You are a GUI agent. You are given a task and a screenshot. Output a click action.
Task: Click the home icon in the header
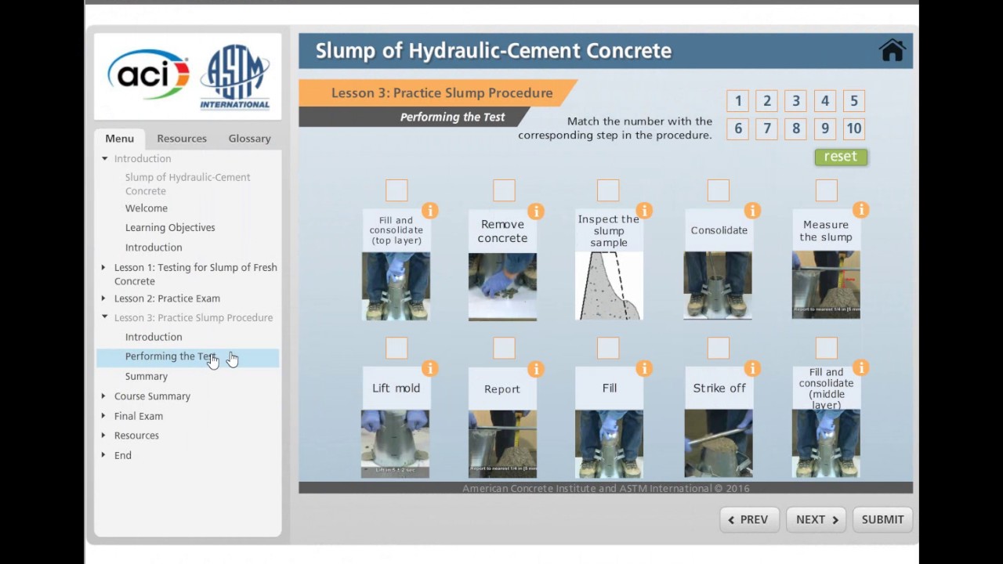pos(892,50)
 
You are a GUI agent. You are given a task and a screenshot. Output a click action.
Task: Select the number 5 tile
pos(853,101)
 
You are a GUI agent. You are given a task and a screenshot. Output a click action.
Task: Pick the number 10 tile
pos(853,128)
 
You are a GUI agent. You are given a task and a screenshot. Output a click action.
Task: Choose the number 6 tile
pos(737,128)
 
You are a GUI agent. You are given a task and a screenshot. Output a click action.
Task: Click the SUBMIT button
pos(882,519)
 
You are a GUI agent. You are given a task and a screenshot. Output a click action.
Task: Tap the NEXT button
pos(817,519)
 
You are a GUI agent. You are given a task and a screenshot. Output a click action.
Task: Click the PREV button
pos(748,519)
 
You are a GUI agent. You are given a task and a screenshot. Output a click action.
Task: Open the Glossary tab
pos(249,139)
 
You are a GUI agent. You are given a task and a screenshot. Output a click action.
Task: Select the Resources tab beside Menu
pos(182,139)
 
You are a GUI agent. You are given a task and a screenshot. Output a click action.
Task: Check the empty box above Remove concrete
pos(504,190)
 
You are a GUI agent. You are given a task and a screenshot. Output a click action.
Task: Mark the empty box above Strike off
pos(718,348)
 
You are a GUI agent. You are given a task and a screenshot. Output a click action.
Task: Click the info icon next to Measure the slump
pos(860,210)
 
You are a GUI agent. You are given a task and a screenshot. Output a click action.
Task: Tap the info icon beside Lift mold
pos(429,368)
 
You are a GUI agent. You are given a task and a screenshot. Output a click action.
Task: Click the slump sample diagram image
pos(609,285)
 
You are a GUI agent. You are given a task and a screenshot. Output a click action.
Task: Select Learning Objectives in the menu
pos(170,228)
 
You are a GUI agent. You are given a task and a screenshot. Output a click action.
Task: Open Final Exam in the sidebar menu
pos(139,416)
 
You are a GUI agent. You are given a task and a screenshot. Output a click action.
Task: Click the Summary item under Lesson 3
pos(147,377)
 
